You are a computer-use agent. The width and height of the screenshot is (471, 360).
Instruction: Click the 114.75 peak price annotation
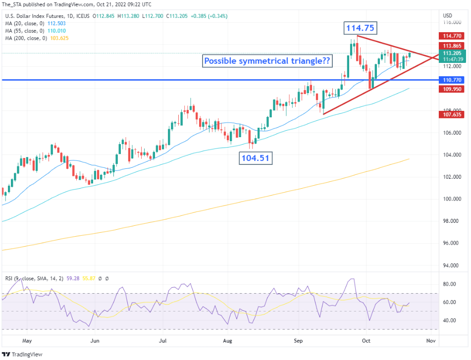pos(360,28)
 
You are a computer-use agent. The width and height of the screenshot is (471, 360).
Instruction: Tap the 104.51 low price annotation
pos(256,158)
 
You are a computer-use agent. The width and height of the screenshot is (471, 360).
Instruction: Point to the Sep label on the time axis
pos(298,341)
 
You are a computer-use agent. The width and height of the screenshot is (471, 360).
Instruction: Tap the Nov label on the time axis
pos(431,341)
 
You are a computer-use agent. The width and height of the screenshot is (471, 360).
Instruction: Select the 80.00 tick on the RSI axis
pos(450,284)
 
